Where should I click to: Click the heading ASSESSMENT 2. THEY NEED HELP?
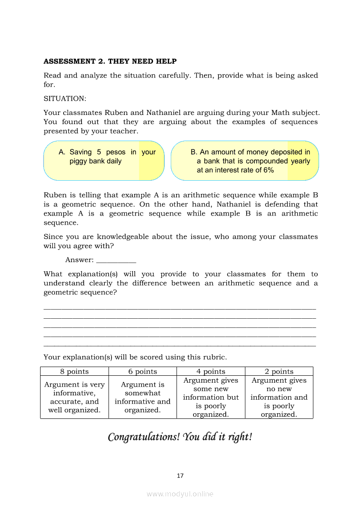tap(110, 61)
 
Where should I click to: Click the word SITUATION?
tap(65, 99)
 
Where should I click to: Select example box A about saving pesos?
tap(104, 161)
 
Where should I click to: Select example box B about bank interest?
tap(245, 161)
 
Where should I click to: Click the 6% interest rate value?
tap(268, 170)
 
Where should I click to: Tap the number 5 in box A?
tap(99, 152)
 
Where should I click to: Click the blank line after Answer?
tap(116, 260)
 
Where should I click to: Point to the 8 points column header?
tap(74, 371)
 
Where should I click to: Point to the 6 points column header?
tap(143, 371)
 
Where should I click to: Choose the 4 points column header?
tap(211, 371)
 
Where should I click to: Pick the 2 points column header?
tap(279, 371)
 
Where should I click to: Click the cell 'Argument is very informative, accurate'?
tap(74, 397)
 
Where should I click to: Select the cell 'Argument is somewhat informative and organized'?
tap(143, 397)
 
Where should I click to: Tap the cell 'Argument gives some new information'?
tap(211, 397)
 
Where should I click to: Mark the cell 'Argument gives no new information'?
tap(279, 397)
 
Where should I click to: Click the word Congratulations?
tap(144, 437)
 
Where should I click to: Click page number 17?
tap(180, 475)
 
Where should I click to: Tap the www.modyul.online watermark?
tap(180, 494)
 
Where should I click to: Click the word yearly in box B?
tap(300, 161)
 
